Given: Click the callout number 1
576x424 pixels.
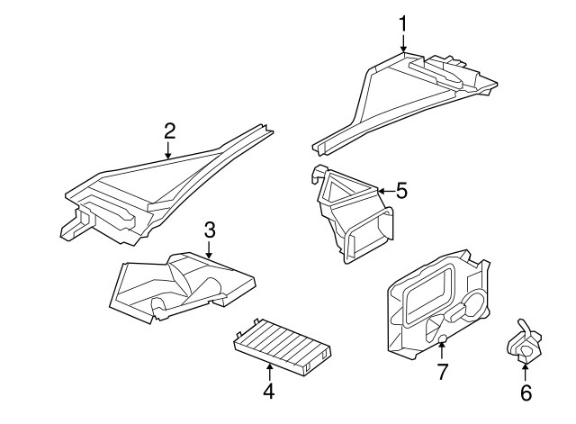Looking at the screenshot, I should coord(403,22).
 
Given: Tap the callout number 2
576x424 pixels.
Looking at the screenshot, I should coord(169,131).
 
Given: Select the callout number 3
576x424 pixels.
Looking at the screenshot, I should coord(209,230).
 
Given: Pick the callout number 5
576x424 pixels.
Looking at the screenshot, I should coord(401,191).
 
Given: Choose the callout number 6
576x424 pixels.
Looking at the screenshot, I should coord(526,392).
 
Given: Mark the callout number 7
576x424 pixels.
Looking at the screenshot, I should coord(442,372).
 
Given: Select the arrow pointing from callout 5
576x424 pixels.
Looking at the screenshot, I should coord(383,191).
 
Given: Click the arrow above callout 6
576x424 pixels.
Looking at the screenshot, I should coord(526,371).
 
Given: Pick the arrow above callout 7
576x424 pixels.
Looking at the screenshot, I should coord(442,350).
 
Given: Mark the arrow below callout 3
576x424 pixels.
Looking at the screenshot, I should coord(209,252).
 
